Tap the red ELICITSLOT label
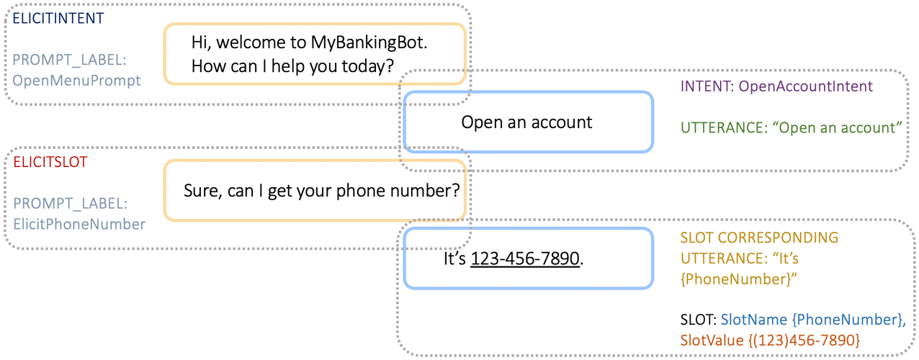coord(50,163)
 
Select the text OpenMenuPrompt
coord(77,81)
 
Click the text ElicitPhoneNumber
coord(79,224)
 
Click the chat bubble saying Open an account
coord(527,122)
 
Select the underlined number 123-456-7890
coord(525,258)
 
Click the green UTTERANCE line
coord(792,128)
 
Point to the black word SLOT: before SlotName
coord(698,319)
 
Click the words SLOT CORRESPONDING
coord(759,238)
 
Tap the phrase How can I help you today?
coord(292,66)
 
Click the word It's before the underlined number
coord(455,258)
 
